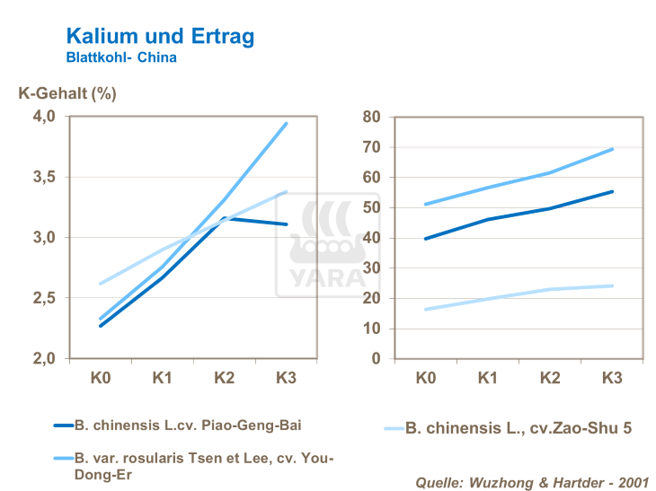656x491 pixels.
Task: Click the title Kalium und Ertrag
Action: pyautogui.click(x=160, y=36)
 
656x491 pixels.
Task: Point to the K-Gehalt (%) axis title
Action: pyautogui.click(x=67, y=92)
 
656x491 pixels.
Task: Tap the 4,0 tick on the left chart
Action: pyautogui.click(x=43, y=117)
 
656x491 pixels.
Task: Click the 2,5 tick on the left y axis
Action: pyautogui.click(x=43, y=298)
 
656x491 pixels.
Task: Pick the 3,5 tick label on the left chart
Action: pyautogui.click(x=43, y=177)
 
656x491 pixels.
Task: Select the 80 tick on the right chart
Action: pyautogui.click(x=371, y=117)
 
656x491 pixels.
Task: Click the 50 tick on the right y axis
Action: pyautogui.click(x=371, y=207)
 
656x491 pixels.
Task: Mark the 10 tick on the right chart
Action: pyautogui.click(x=371, y=329)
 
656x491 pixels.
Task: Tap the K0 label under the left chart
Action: pyautogui.click(x=101, y=378)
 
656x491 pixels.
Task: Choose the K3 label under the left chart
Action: pyautogui.click(x=287, y=378)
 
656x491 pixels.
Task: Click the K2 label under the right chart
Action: pyautogui.click(x=550, y=378)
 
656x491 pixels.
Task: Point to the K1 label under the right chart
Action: pyautogui.click(x=488, y=378)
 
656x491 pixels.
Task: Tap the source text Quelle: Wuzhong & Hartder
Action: pyautogui.click(x=530, y=482)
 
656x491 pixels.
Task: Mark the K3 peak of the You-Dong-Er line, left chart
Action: pyautogui.click(x=287, y=123)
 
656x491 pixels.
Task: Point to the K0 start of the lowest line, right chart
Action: pyautogui.click(x=426, y=310)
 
